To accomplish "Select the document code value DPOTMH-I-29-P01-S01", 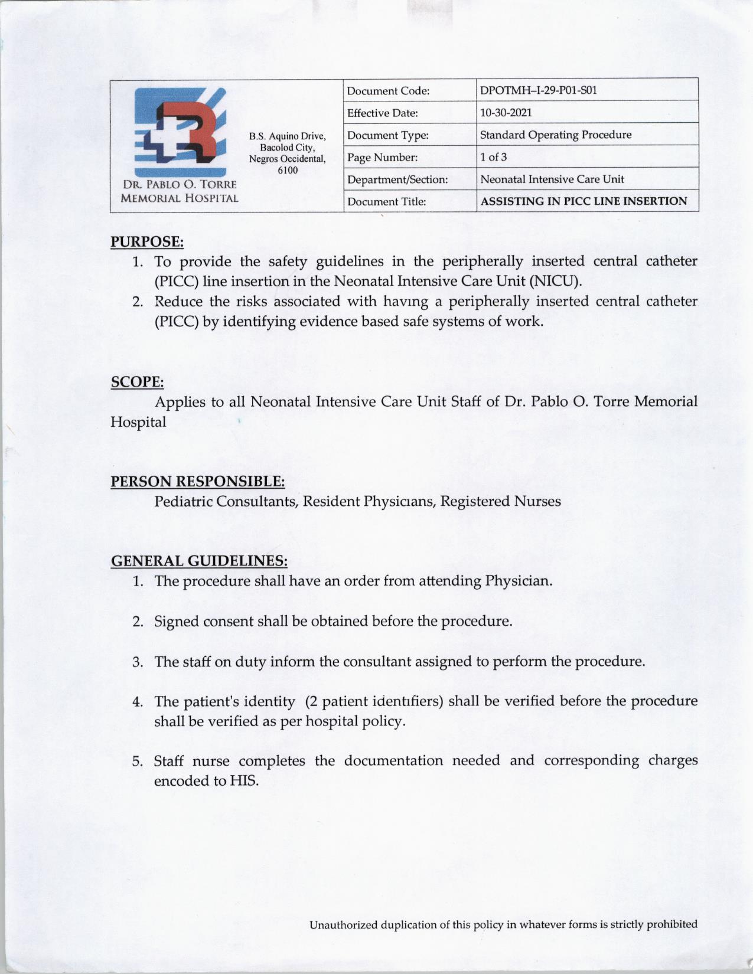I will [x=539, y=91].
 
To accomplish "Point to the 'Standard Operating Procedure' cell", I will [x=556, y=135].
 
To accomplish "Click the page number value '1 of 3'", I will [x=493, y=157].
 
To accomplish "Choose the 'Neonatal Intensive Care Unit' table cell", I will [x=552, y=179].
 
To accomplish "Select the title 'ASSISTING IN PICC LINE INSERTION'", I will [x=584, y=201].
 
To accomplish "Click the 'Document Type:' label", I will [x=388, y=135].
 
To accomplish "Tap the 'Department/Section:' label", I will [x=397, y=179].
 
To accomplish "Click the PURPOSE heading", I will [x=147, y=241].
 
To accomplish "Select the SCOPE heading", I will [x=137, y=381].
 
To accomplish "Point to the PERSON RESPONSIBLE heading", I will [x=198, y=481].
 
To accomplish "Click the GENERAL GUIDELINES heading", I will [x=199, y=560].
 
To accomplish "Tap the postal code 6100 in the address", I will [x=287, y=170].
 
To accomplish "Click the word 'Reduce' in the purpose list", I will [x=177, y=302].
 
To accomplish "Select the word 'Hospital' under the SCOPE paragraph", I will [x=138, y=422].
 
